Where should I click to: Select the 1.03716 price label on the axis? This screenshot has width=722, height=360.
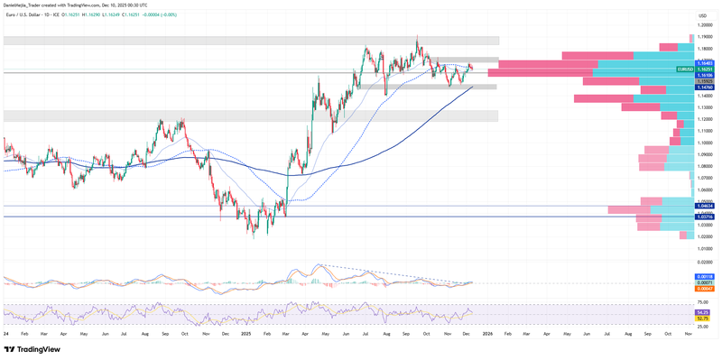click(x=705, y=217)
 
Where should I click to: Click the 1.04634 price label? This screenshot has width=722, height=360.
click(x=705, y=207)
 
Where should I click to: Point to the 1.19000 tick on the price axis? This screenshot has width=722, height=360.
click(x=705, y=37)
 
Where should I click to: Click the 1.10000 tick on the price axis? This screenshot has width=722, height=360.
click(x=705, y=143)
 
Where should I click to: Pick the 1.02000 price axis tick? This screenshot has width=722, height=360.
click(x=705, y=236)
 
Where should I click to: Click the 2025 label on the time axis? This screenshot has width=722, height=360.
click(x=246, y=334)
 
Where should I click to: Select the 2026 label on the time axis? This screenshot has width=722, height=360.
click(x=487, y=334)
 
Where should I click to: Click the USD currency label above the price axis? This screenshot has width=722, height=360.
click(x=703, y=17)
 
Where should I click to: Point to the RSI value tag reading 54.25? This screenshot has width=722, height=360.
click(x=705, y=311)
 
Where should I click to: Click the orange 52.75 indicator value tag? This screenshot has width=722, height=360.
click(x=705, y=318)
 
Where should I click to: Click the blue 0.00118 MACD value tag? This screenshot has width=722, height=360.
click(x=705, y=276)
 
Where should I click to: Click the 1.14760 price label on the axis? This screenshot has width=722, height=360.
click(x=705, y=88)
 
